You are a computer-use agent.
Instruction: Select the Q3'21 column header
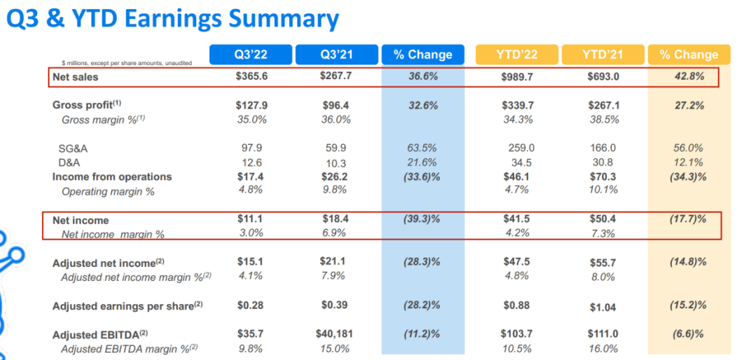point(336,55)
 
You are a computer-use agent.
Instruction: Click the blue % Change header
point(422,55)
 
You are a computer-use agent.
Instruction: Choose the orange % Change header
point(689,55)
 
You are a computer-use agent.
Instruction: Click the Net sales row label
point(76,76)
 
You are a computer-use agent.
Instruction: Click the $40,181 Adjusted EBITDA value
point(336,334)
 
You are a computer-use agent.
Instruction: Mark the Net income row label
point(81,220)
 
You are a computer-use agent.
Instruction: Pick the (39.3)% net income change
point(422,220)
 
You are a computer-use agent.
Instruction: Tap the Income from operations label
point(112,176)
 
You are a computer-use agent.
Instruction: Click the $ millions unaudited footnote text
point(122,63)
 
